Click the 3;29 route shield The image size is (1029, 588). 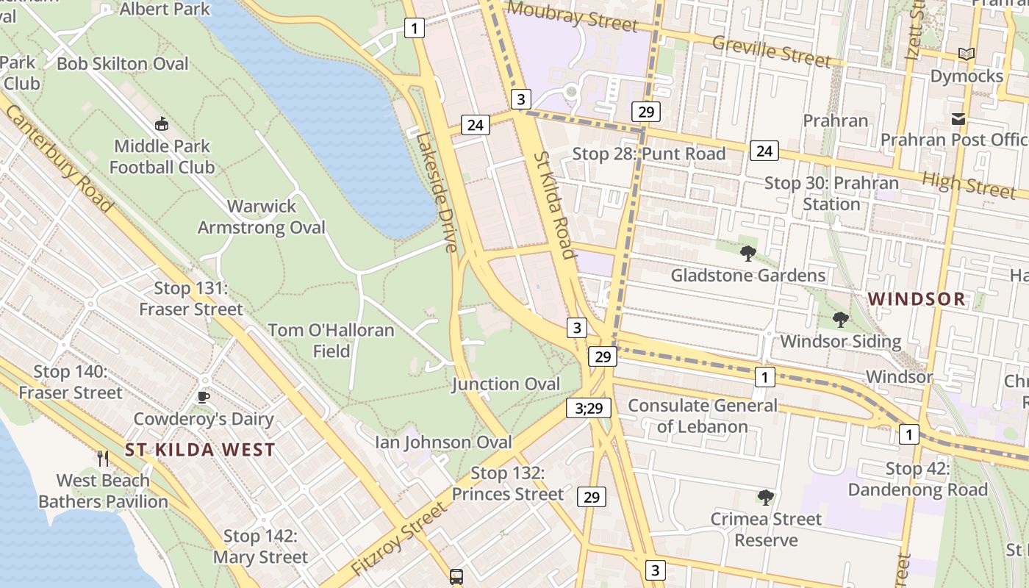point(589,408)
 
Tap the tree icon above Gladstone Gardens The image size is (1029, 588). point(748,254)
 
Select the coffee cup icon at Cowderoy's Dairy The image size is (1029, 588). point(204,398)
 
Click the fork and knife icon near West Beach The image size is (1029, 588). point(103,459)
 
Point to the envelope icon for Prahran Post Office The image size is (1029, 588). point(958,118)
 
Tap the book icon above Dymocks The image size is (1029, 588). point(967,54)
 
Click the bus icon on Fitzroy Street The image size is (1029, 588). point(456,576)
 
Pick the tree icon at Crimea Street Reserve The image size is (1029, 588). point(765,498)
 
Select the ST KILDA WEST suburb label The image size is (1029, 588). point(200,450)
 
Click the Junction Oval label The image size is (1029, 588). point(506,384)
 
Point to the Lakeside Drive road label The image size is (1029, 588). point(436,191)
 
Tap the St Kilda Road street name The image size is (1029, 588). point(553,206)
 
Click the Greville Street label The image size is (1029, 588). point(771,51)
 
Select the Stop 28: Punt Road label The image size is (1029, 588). point(648,154)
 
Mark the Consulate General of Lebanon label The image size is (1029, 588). point(702,415)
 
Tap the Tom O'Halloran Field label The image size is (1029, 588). point(331,340)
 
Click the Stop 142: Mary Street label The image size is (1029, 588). point(260,547)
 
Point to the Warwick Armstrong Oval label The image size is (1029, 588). point(261,217)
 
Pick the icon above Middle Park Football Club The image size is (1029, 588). point(162,124)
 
